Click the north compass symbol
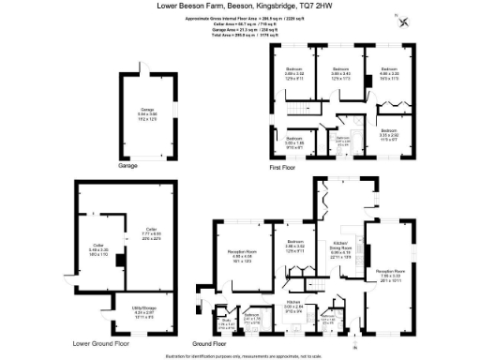404,23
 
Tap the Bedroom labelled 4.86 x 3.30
389,73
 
